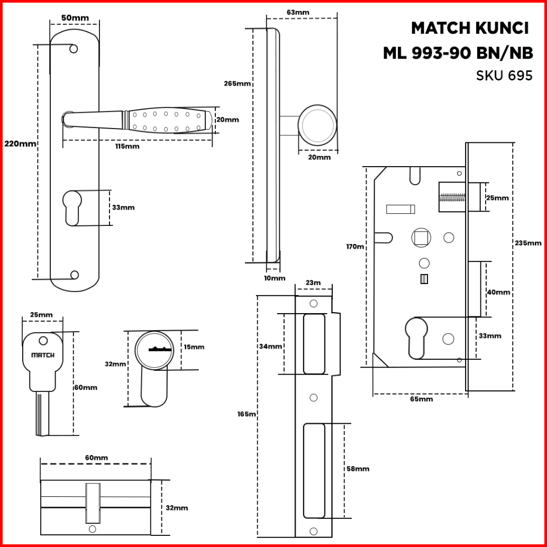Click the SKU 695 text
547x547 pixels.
point(504,76)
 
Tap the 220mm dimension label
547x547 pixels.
point(20,143)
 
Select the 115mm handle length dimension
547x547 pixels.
point(127,146)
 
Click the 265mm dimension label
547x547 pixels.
point(237,84)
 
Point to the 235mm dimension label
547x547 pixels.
point(528,243)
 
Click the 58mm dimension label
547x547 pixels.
point(358,469)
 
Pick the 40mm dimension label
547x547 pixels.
point(498,292)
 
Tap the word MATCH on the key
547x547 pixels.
point(43,355)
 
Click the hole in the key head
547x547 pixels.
point(42,341)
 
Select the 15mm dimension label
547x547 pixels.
point(194,347)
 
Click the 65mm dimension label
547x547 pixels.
point(422,399)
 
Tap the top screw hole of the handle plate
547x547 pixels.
point(74,49)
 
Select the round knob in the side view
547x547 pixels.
point(317,125)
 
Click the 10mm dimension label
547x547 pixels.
point(275,278)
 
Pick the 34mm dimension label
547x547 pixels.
point(270,347)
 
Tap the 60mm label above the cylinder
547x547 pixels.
point(96,458)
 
